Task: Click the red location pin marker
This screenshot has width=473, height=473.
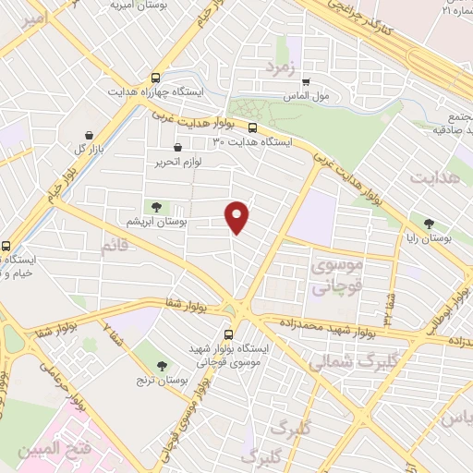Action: [x=238, y=216]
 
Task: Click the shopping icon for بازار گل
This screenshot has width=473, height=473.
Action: [x=89, y=134]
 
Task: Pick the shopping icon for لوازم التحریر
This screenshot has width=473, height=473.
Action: [x=177, y=146]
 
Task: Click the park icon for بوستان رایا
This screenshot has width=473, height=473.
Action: [x=428, y=223]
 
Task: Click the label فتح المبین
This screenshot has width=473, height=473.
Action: [x=57, y=450]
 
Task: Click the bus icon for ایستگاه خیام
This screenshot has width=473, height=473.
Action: [x=7, y=247]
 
